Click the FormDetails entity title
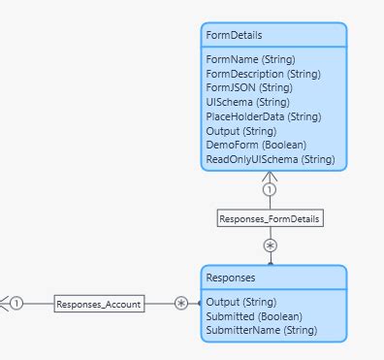click(x=234, y=35)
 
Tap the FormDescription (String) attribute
click(x=263, y=74)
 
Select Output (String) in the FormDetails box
click(x=240, y=130)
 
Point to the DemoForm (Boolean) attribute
click(x=250, y=145)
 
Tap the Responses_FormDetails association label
click(x=269, y=218)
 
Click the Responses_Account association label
click(x=99, y=304)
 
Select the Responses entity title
click(x=231, y=278)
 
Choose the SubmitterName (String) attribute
click(x=260, y=330)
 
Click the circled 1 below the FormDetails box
click(x=269, y=190)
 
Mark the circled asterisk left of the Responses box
click(x=181, y=304)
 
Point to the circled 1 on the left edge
click(x=16, y=304)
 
